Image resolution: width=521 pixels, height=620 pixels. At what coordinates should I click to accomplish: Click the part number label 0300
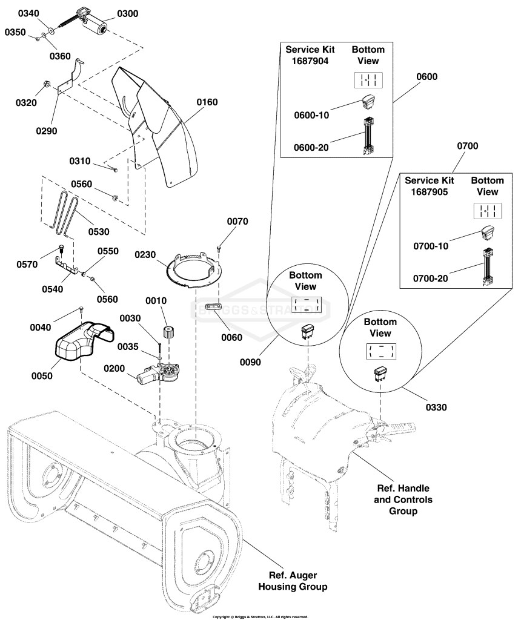tap(127, 14)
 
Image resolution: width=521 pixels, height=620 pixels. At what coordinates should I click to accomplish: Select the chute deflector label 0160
tap(207, 102)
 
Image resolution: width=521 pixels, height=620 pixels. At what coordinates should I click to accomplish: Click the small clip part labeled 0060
tap(214, 307)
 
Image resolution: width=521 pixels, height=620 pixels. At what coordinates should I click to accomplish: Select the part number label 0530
tap(99, 232)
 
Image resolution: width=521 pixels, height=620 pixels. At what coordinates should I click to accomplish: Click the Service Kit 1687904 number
tap(310, 61)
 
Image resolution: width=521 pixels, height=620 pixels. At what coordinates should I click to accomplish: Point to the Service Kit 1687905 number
tap(430, 192)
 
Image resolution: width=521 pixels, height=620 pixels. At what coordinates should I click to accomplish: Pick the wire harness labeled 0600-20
tap(368, 136)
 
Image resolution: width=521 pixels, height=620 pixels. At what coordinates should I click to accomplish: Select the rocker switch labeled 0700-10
tap(487, 233)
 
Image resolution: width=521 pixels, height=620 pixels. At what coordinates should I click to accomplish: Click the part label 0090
tap(250, 362)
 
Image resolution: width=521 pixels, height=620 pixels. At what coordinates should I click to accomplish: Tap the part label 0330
tap(436, 407)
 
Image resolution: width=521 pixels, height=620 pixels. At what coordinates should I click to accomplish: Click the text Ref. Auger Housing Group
tap(293, 581)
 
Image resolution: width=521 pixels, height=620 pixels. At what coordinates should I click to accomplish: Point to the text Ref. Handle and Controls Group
tap(403, 500)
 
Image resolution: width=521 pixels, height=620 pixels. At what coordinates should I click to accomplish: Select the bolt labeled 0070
tap(219, 248)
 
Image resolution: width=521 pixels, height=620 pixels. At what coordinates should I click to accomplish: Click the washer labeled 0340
tap(51, 30)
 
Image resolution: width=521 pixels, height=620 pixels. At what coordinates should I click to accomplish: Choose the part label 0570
tap(27, 265)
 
